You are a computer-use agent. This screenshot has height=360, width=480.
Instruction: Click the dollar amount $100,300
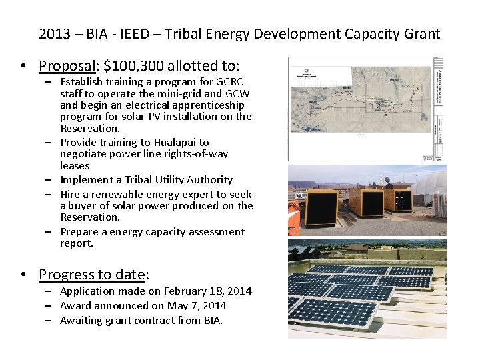(x=133, y=65)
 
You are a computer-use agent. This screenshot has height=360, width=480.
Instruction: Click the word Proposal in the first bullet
(x=67, y=65)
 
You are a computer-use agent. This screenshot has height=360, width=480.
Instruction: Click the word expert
(x=196, y=194)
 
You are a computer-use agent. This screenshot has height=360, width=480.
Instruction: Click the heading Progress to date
(x=93, y=274)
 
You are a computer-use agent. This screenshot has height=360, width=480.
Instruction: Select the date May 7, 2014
(x=197, y=306)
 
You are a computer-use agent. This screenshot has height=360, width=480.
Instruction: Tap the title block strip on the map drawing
(x=439, y=108)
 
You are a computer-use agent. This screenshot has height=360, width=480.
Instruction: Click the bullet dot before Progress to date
(x=23, y=274)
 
